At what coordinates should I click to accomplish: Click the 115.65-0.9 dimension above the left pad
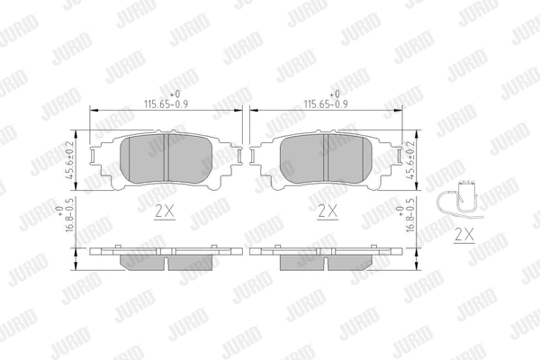167,104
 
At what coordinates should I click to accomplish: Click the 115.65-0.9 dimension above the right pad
325,104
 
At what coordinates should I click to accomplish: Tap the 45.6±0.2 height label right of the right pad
411,159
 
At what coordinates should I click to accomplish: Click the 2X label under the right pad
327,212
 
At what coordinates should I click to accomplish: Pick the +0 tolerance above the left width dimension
176,94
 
